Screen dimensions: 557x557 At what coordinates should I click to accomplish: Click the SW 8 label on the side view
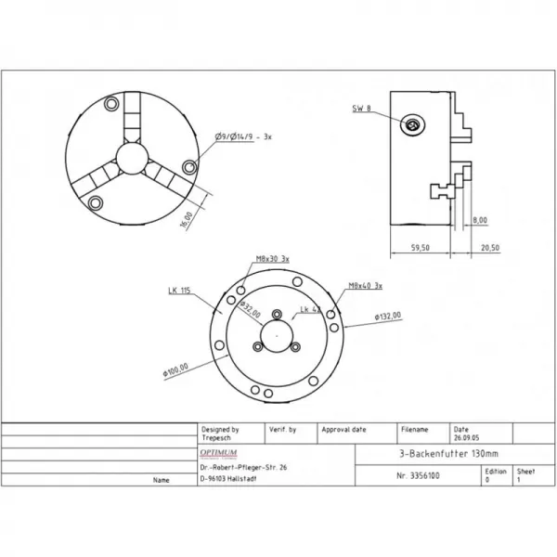point(363,109)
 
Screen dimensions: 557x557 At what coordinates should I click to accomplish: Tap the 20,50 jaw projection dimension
point(488,248)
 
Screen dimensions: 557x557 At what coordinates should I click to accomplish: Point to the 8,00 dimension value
point(479,220)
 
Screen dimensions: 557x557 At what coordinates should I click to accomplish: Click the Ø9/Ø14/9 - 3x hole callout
point(241,137)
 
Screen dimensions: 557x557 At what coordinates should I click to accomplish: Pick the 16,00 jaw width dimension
point(188,219)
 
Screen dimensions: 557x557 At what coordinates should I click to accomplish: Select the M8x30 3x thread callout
point(272,259)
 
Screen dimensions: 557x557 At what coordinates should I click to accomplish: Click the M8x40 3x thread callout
point(366,286)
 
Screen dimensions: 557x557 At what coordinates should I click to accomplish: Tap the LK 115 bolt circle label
point(179,291)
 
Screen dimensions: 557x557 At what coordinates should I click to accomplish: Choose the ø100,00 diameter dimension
point(174,369)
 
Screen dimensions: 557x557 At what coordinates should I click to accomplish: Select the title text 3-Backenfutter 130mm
point(434,454)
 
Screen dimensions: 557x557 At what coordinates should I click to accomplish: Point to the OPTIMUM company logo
point(219,452)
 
